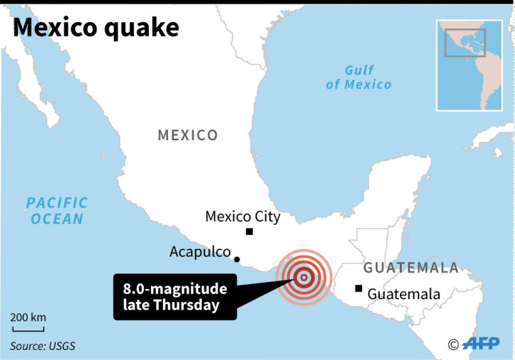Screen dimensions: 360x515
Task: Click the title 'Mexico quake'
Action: pos(96,28)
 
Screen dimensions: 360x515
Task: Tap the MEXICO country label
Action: pos(187,135)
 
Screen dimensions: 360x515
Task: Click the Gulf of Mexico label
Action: pos(359,77)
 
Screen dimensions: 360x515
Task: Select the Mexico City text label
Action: pos(242,216)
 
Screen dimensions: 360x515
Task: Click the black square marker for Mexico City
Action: pos(249,231)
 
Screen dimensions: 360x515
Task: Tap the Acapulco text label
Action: pos(200,252)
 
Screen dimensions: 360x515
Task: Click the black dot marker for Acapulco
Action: pos(237,260)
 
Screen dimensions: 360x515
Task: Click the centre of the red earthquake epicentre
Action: pos(304,277)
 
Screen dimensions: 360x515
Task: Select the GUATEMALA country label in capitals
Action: pos(411,268)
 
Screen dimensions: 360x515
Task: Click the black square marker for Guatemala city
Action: pos(358,289)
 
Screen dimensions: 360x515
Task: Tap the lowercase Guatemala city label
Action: pos(404,294)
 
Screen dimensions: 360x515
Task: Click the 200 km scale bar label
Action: pos(28,317)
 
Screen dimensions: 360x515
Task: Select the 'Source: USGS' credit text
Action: pos(42,346)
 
